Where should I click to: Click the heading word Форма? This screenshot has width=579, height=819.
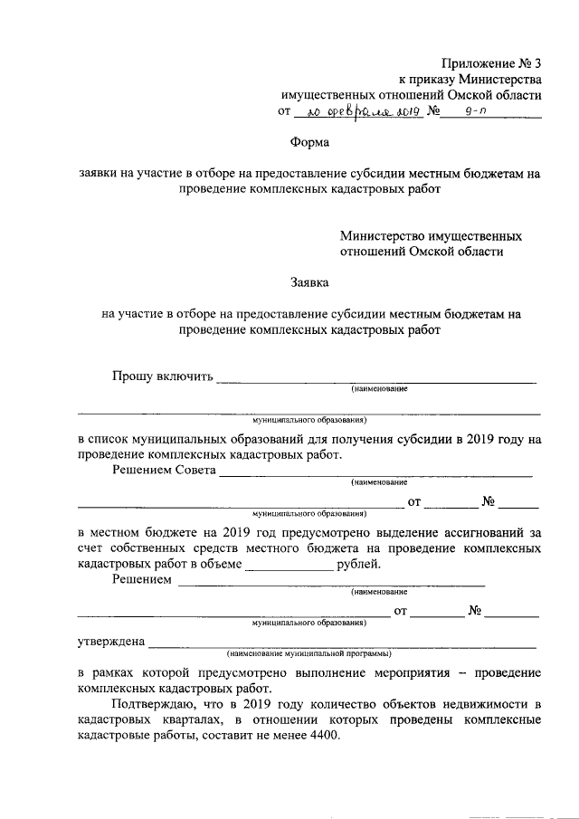[309, 142]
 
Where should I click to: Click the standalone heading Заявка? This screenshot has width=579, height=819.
[311, 283]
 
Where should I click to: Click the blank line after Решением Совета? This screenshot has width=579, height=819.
[375, 474]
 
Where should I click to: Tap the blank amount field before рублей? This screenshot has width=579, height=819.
[289, 568]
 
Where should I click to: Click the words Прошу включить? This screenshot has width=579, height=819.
[161, 376]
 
